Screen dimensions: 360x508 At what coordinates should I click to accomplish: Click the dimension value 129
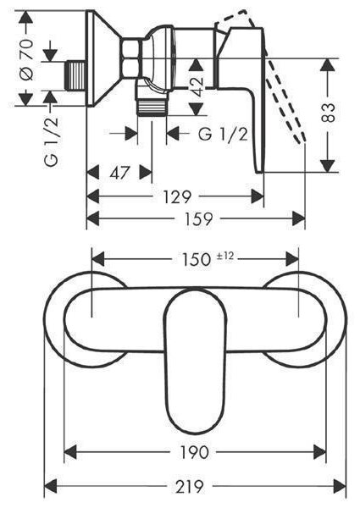[177, 196]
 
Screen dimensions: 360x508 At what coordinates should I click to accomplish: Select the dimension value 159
[199, 218]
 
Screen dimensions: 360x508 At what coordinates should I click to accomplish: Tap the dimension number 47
[119, 173]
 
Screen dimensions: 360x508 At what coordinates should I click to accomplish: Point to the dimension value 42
[197, 87]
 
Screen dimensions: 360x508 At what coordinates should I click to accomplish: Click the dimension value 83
[328, 112]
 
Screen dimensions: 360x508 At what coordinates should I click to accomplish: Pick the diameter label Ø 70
[26, 59]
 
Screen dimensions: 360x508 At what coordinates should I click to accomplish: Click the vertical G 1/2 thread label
[51, 141]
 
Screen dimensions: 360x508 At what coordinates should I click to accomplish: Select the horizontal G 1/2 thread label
[223, 134]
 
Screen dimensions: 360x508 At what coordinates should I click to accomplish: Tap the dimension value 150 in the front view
[196, 260]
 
